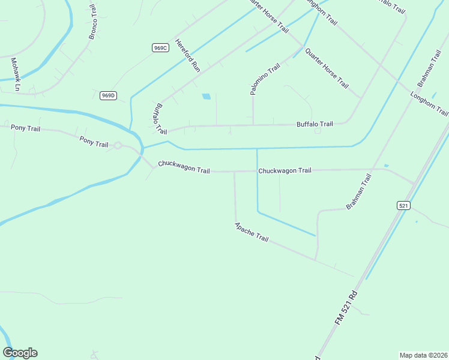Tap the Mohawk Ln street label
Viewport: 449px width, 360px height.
(x=16, y=74)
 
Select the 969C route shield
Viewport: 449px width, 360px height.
(x=160, y=47)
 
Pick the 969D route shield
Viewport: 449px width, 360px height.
(x=108, y=95)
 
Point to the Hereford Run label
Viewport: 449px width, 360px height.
(x=187, y=55)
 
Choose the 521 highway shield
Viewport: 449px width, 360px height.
(x=403, y=205)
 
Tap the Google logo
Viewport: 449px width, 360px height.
(x=20, y=353)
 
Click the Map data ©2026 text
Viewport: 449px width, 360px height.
(x=424, y=355)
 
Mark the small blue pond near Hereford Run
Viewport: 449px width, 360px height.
(x=206, y=96)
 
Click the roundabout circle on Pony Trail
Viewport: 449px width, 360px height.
(x=118, y=145)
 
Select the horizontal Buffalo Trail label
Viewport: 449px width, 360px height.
(x=315, y=124)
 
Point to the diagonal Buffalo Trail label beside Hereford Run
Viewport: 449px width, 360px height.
(x=160, y=118)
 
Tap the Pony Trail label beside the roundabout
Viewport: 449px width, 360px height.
(x=94, y=142)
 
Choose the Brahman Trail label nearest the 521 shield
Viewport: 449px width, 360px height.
(x=359, y=191)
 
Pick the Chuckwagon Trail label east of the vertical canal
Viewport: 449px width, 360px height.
(x=285, y=170)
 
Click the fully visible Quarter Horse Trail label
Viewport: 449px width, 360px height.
(x=327, y=68)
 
